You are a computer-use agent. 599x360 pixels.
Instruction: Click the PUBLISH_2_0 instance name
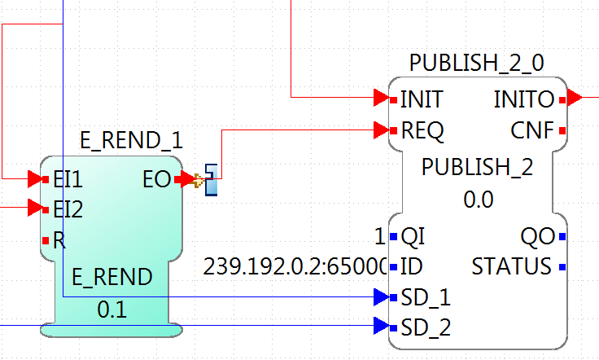pos(477,64)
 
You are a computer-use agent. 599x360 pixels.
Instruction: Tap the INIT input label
pos(422,99)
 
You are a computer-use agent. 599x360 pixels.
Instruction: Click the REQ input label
pos(422,130)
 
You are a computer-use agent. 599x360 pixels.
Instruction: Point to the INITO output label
pos(524,99)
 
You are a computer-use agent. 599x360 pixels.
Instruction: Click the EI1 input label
pos(67,178)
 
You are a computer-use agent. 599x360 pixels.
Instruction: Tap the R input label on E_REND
pos(59,240)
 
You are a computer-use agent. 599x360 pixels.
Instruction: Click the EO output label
pos(155,178)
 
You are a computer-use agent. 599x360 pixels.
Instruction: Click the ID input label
pos(410,266)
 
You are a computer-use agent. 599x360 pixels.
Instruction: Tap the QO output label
pos(537,237)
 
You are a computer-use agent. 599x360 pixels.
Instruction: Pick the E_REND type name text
pos(111,278)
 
